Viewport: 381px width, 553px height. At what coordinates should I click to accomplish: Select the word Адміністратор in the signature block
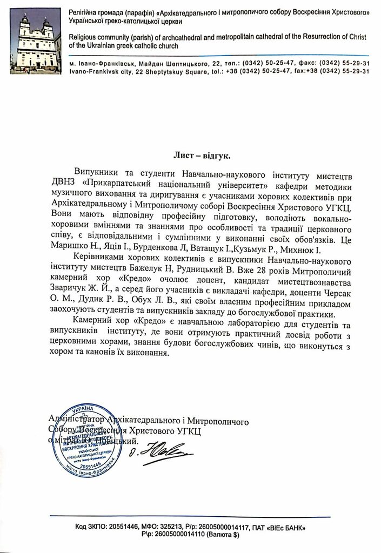[76, 419]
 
